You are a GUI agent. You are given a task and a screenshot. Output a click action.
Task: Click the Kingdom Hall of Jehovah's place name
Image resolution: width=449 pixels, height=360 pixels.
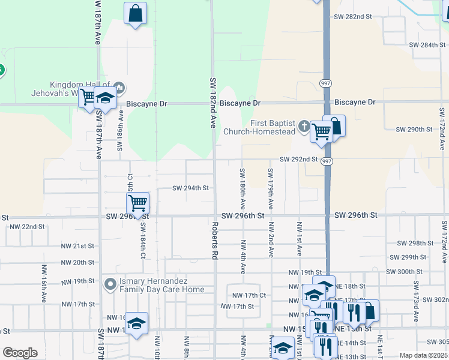click(80, 89)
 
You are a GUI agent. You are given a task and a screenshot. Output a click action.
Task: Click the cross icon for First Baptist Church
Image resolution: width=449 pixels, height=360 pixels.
click(304, 127)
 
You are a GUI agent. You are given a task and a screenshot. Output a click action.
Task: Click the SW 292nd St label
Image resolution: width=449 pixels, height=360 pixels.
click(298, 160)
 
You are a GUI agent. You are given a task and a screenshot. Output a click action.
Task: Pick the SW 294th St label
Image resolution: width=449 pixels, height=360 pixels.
click(190, 188)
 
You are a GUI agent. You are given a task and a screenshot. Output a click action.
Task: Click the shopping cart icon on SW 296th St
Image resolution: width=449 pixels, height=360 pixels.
click(138, 203)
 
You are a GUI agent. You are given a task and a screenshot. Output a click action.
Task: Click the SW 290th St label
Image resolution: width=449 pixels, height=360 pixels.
click(414, 130)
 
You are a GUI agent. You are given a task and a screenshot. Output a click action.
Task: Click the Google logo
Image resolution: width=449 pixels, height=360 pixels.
click(20, 353)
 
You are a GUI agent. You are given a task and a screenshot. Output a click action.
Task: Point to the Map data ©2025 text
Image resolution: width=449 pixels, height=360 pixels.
click(423, 355)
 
